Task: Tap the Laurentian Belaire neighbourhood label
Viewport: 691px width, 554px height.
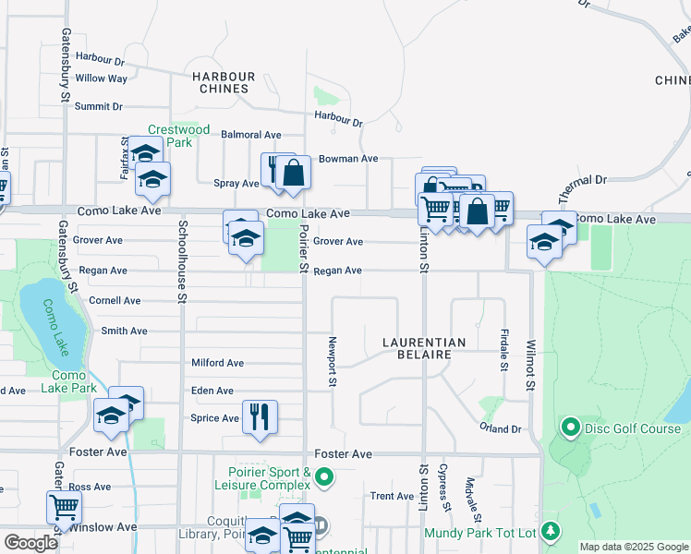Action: [x=424, y=348]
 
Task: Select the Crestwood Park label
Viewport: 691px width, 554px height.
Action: [x=178, y=136]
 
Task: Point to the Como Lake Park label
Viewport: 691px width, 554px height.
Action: [x=69, y=381]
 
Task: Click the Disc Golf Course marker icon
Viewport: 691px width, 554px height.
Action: [x=570, y=428]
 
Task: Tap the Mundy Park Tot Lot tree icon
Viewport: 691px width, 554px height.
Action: [x=551, y=531]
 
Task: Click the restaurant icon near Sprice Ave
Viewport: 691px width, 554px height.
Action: [x=260, y=416]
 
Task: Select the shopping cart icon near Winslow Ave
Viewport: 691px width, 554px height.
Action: [x=64, y=506]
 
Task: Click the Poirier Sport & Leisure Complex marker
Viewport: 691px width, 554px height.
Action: [x=323, y=477]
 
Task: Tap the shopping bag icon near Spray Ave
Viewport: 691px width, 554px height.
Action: [x=294, y=173]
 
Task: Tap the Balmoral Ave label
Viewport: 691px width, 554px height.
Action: [x=251, y=135]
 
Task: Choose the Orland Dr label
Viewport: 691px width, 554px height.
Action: [x=501, y=428]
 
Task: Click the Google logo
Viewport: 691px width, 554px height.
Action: [x=31, y=543]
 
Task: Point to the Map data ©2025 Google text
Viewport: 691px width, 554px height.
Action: [x=634, y=547]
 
